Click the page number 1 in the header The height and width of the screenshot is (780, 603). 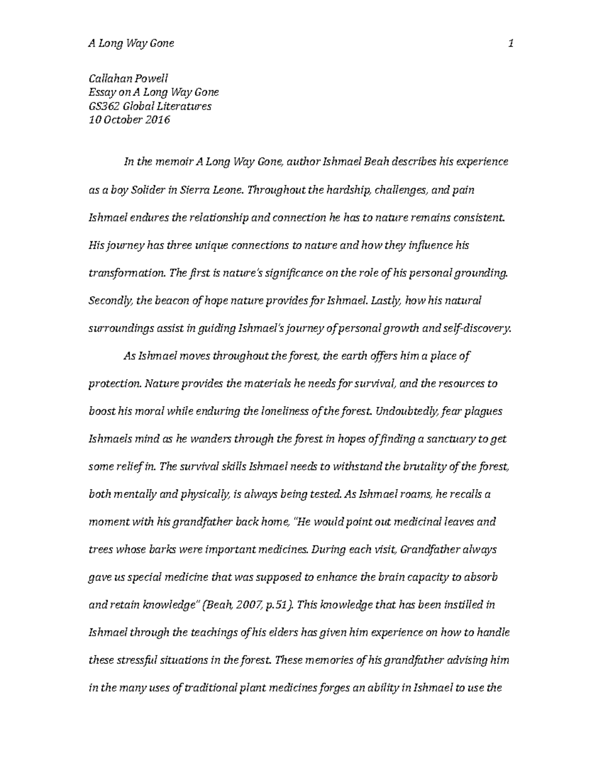[511, 44]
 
